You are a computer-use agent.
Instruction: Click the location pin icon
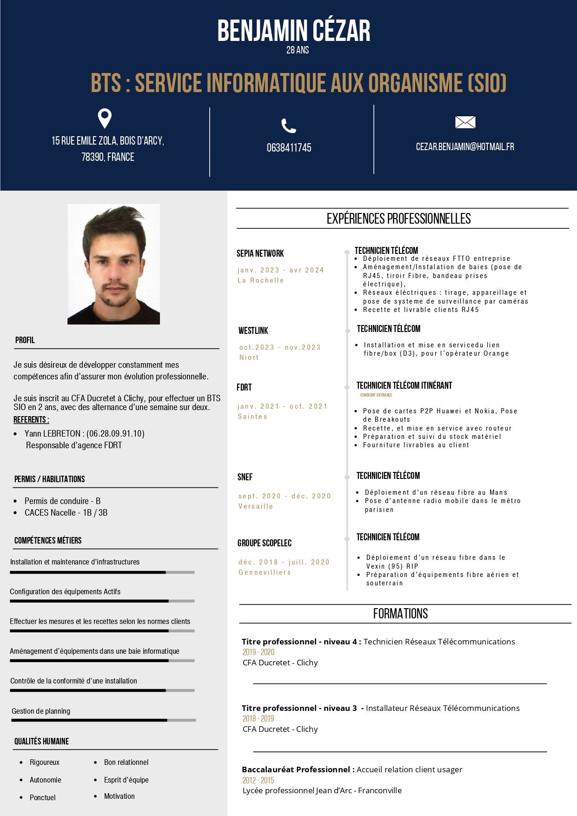click(105, 118)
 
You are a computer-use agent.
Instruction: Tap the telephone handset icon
click(289, 126)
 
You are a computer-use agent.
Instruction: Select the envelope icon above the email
click(465, 122)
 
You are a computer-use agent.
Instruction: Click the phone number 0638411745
click(289, 148)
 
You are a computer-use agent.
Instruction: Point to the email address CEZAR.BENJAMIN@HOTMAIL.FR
click(465, 147)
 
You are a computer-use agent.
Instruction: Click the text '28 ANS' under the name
click(298, 50)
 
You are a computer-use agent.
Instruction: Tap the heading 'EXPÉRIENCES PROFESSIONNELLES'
click(398, 219)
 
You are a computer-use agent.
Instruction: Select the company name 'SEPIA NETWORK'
click(260, 253)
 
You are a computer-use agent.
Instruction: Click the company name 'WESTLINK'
click(253, 331)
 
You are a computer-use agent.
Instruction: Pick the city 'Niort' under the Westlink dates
click(249, 358)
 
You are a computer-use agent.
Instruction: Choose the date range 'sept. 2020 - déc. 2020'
click(285, 496)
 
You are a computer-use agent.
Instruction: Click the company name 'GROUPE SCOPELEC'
click(265, 543)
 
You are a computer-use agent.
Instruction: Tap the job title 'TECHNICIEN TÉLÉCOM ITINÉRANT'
click(404, 385)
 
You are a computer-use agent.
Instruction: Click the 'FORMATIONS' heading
click(400, 614)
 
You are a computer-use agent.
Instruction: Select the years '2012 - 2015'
click(258, 780)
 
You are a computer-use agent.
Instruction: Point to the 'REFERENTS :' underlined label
click(31, 419)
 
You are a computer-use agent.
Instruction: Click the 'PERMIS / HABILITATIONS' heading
click(50, 479)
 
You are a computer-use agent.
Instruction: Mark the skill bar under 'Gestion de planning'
click(103, 720)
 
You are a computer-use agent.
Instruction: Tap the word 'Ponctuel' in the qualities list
click(43, 797)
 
